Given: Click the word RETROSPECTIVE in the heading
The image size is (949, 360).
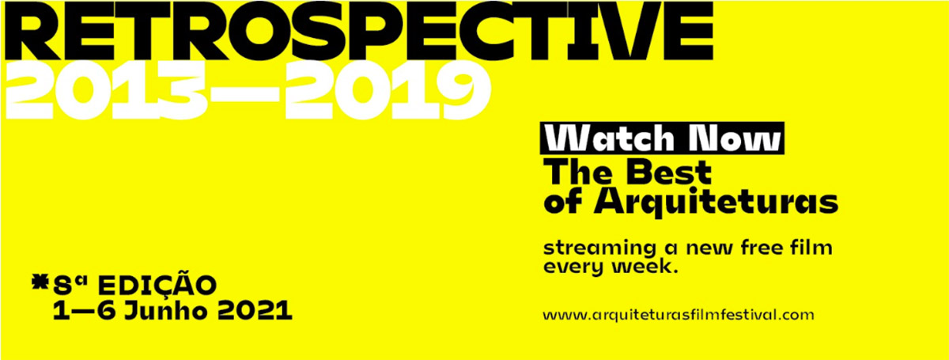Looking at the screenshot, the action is (358, 31).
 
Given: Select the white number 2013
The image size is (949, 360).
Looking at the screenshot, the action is (105, 90).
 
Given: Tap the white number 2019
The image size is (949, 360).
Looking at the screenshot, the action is (388, 90).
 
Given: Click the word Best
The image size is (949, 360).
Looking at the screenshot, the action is (669, 172).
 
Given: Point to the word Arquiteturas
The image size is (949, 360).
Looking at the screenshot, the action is (716, 203).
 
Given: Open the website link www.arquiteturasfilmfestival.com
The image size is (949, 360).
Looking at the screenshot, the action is (679, 315).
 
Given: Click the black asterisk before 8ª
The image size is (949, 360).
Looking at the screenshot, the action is (40, 282).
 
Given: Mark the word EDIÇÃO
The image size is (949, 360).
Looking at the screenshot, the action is (157, 286).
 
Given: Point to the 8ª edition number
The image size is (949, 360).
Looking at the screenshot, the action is (70, 286).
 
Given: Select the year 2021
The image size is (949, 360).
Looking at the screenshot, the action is (255, 311).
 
